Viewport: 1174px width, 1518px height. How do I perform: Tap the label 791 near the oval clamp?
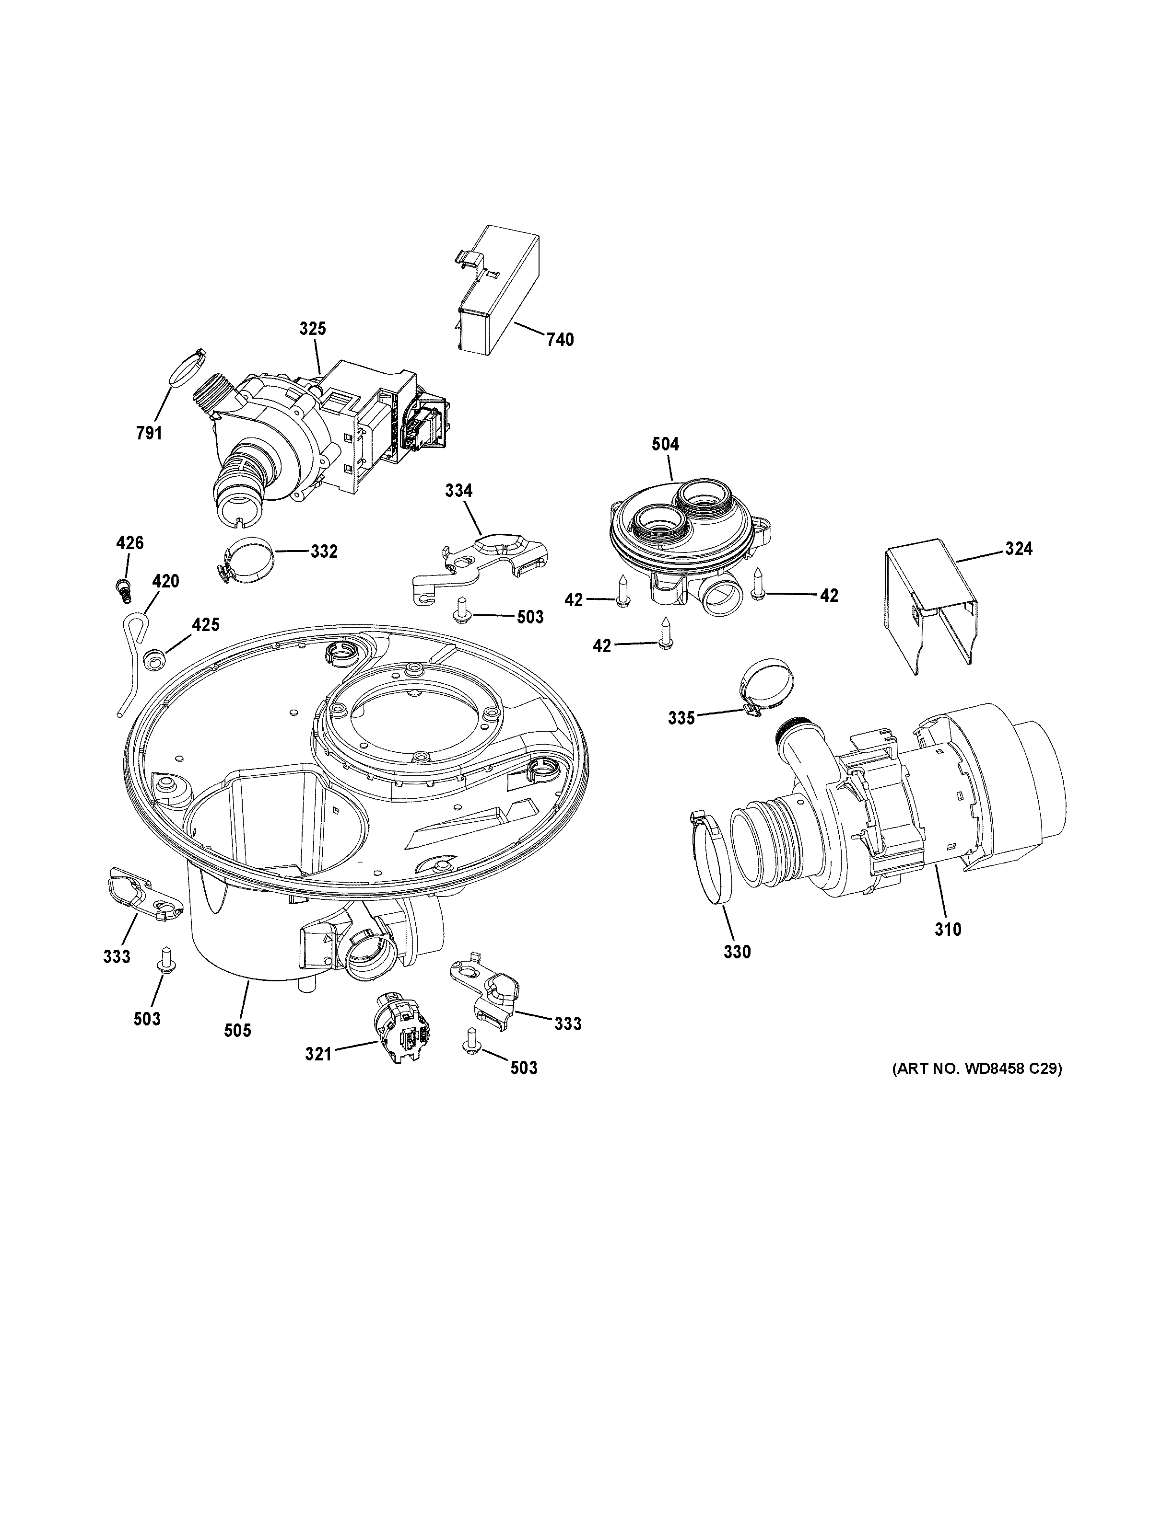[149, 434]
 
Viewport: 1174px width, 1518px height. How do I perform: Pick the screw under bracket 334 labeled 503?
[460, 609]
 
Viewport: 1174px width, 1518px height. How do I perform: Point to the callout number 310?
[947, 929]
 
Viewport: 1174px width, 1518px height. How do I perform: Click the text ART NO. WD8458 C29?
[977, 1089]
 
